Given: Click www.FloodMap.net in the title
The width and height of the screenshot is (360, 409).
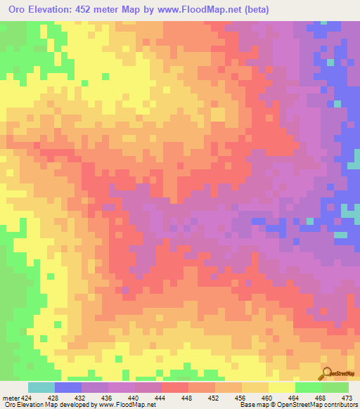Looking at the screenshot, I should [197, 10].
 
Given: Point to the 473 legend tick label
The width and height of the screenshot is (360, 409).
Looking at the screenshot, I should [347, 397].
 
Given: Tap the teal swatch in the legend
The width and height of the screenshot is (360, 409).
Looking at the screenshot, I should [41, 387].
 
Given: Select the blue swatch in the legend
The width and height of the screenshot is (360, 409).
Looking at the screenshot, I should [68, 387].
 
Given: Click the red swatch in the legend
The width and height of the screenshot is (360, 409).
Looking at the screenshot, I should [175, 387].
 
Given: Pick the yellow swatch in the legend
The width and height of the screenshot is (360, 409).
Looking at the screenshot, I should [282, 387].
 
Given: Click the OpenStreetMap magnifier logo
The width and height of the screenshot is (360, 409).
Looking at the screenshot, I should [326, 373].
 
